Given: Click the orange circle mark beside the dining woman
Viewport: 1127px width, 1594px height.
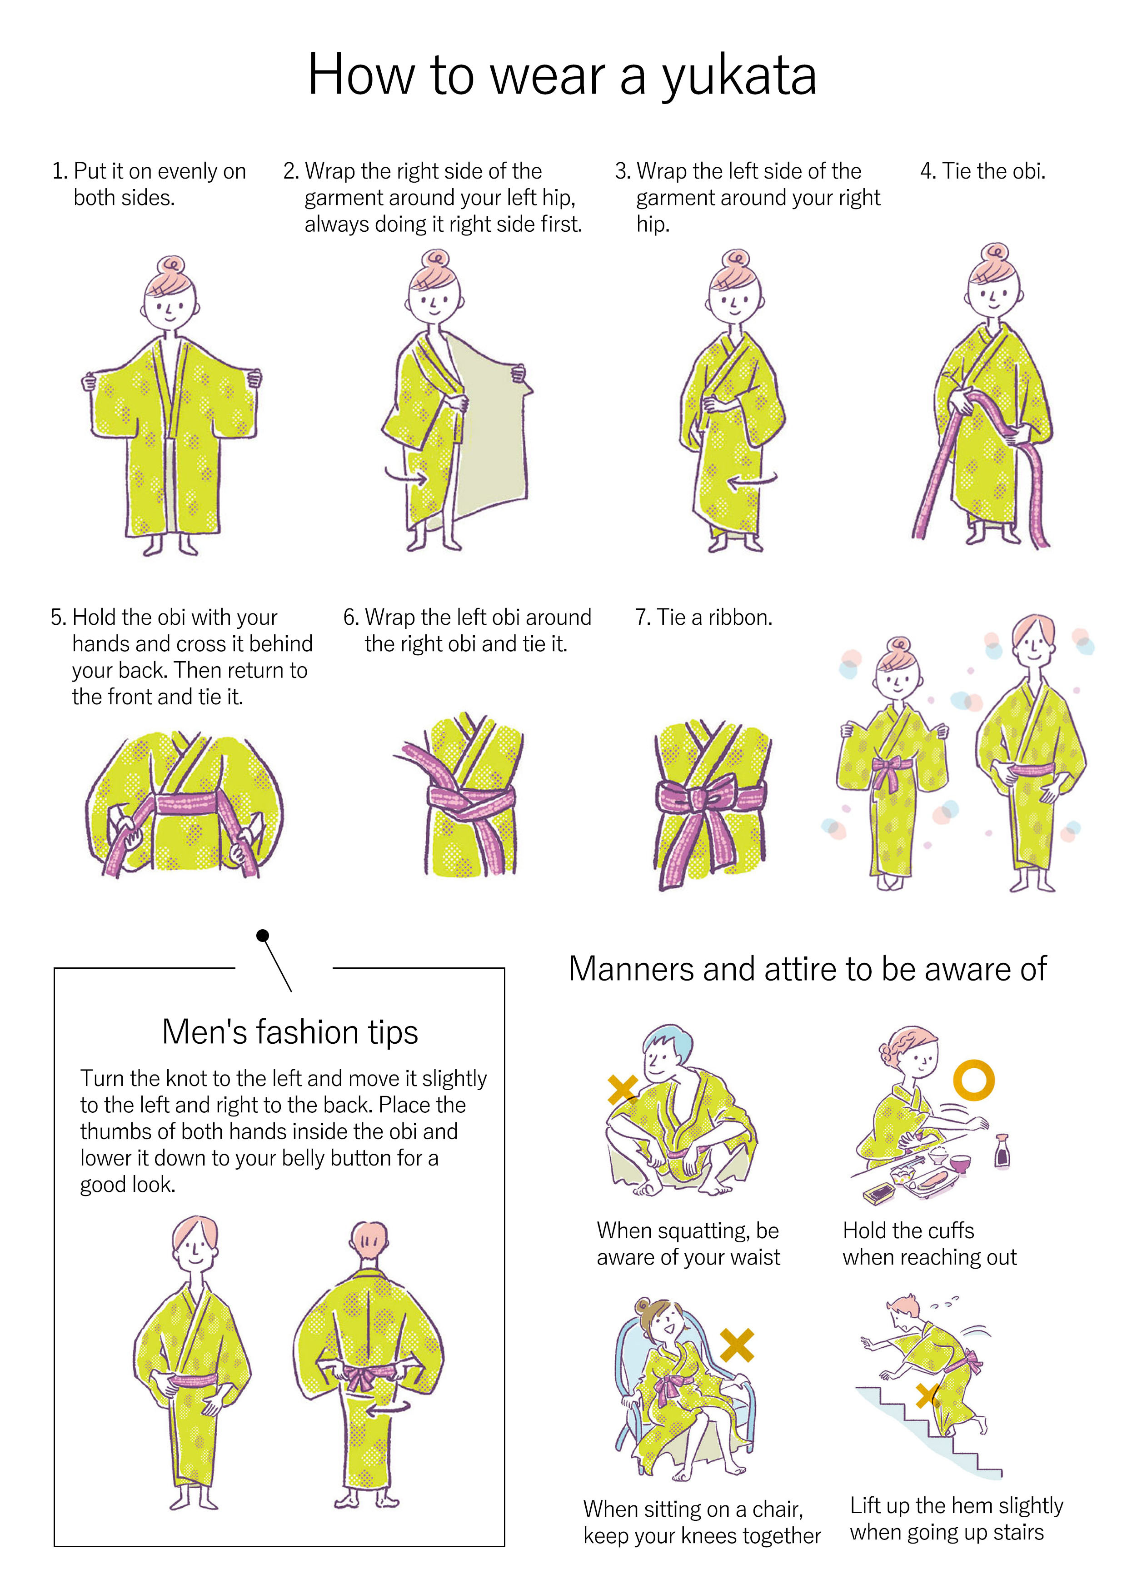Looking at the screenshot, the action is coord(973,1080).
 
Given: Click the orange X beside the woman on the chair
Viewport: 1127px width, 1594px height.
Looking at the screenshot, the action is coord(737,1345).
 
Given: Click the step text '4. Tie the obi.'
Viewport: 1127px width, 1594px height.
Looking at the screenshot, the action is coord(982,171).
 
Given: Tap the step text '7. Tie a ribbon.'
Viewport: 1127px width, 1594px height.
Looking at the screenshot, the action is coord(703,617).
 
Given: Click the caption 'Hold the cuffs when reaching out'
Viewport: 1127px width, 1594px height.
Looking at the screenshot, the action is coord(929,1243).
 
